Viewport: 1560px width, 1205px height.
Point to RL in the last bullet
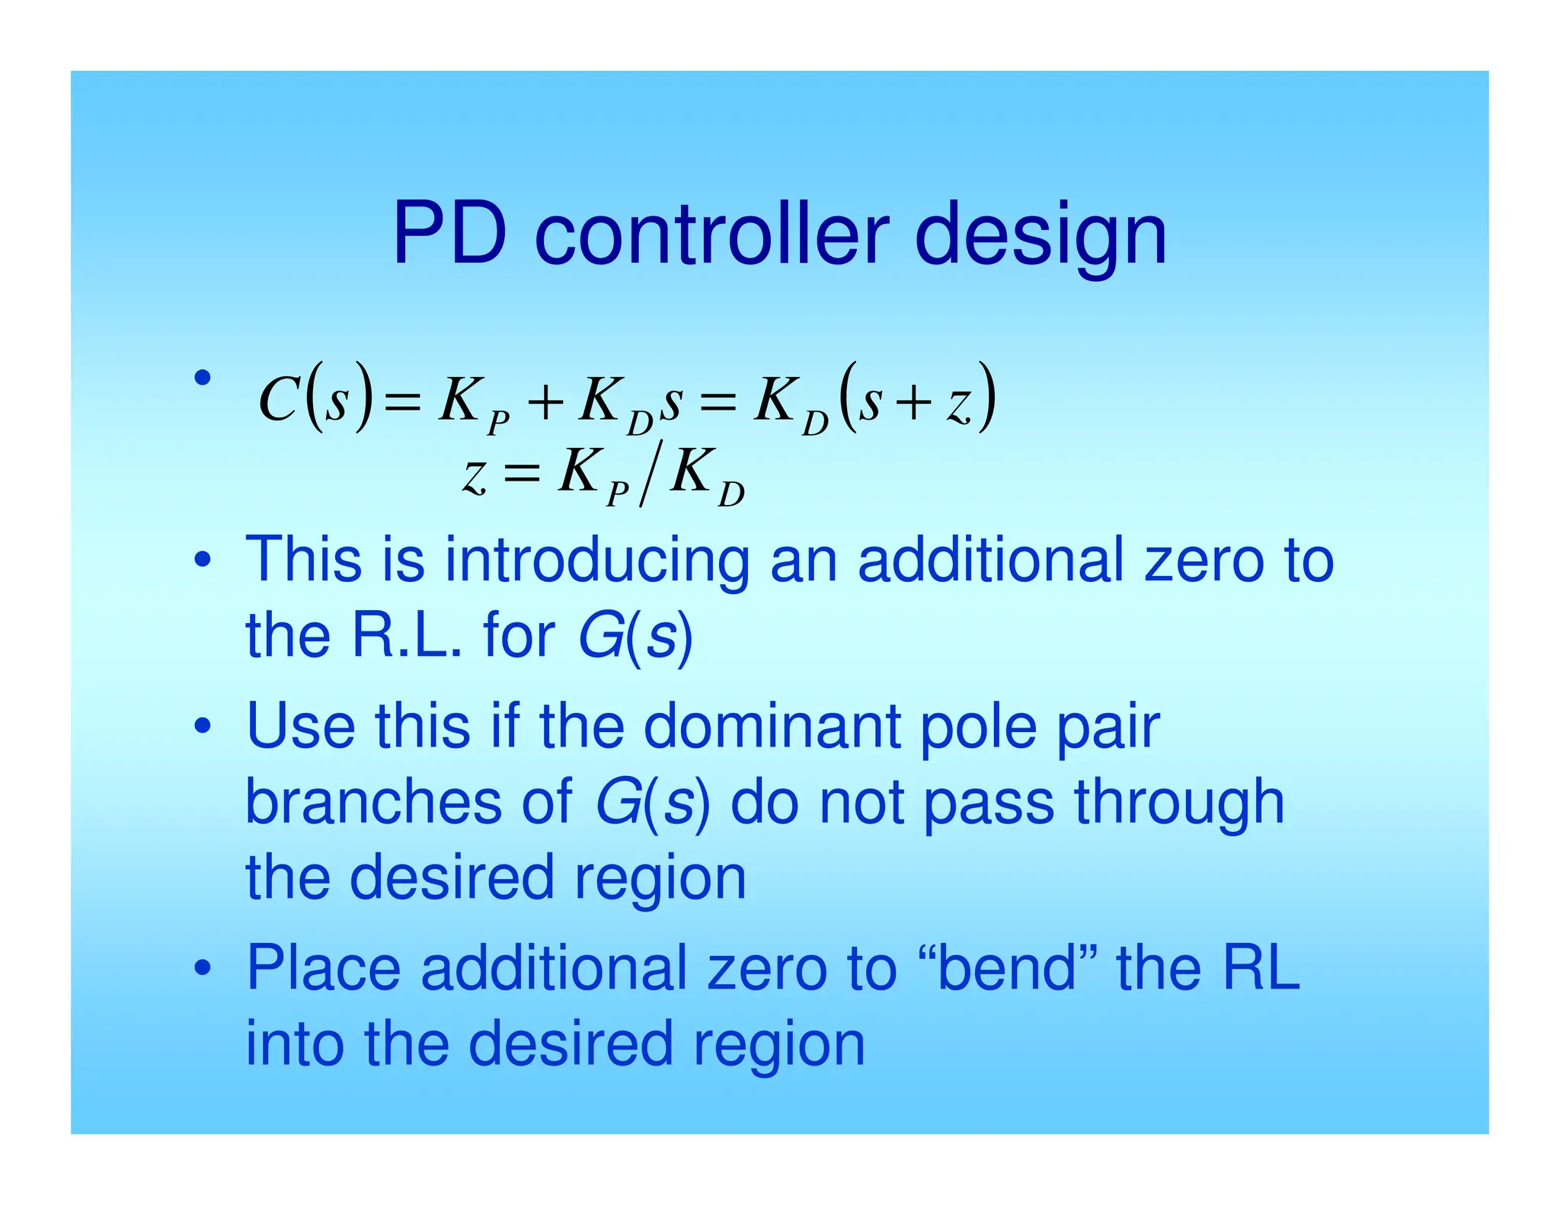point(1261,967)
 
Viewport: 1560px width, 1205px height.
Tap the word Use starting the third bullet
point(301,726)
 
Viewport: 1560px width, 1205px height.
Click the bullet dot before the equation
point(202,377)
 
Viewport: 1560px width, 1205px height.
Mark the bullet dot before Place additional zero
point(202,968)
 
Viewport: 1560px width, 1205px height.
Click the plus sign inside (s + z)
point(914,401)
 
